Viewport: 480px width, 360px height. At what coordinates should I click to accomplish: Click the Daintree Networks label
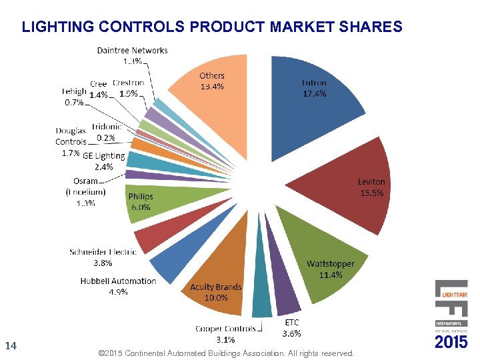tap(133, 50)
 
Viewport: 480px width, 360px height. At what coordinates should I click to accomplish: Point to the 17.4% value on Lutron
tap(314, 94)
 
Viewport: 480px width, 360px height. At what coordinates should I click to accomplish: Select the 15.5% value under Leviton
tap(371, 192)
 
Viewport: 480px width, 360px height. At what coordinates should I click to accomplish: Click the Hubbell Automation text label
tap(118, 281)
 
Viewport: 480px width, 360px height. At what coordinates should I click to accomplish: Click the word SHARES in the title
tap(370, 27)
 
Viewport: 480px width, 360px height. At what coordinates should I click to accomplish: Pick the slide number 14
tap(10, 345)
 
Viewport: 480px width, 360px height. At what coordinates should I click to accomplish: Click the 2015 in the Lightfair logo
tap(451, 342)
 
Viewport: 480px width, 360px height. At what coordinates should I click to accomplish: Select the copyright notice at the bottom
tap(225, 353)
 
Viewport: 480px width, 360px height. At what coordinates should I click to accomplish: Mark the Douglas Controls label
tap(71, 137)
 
